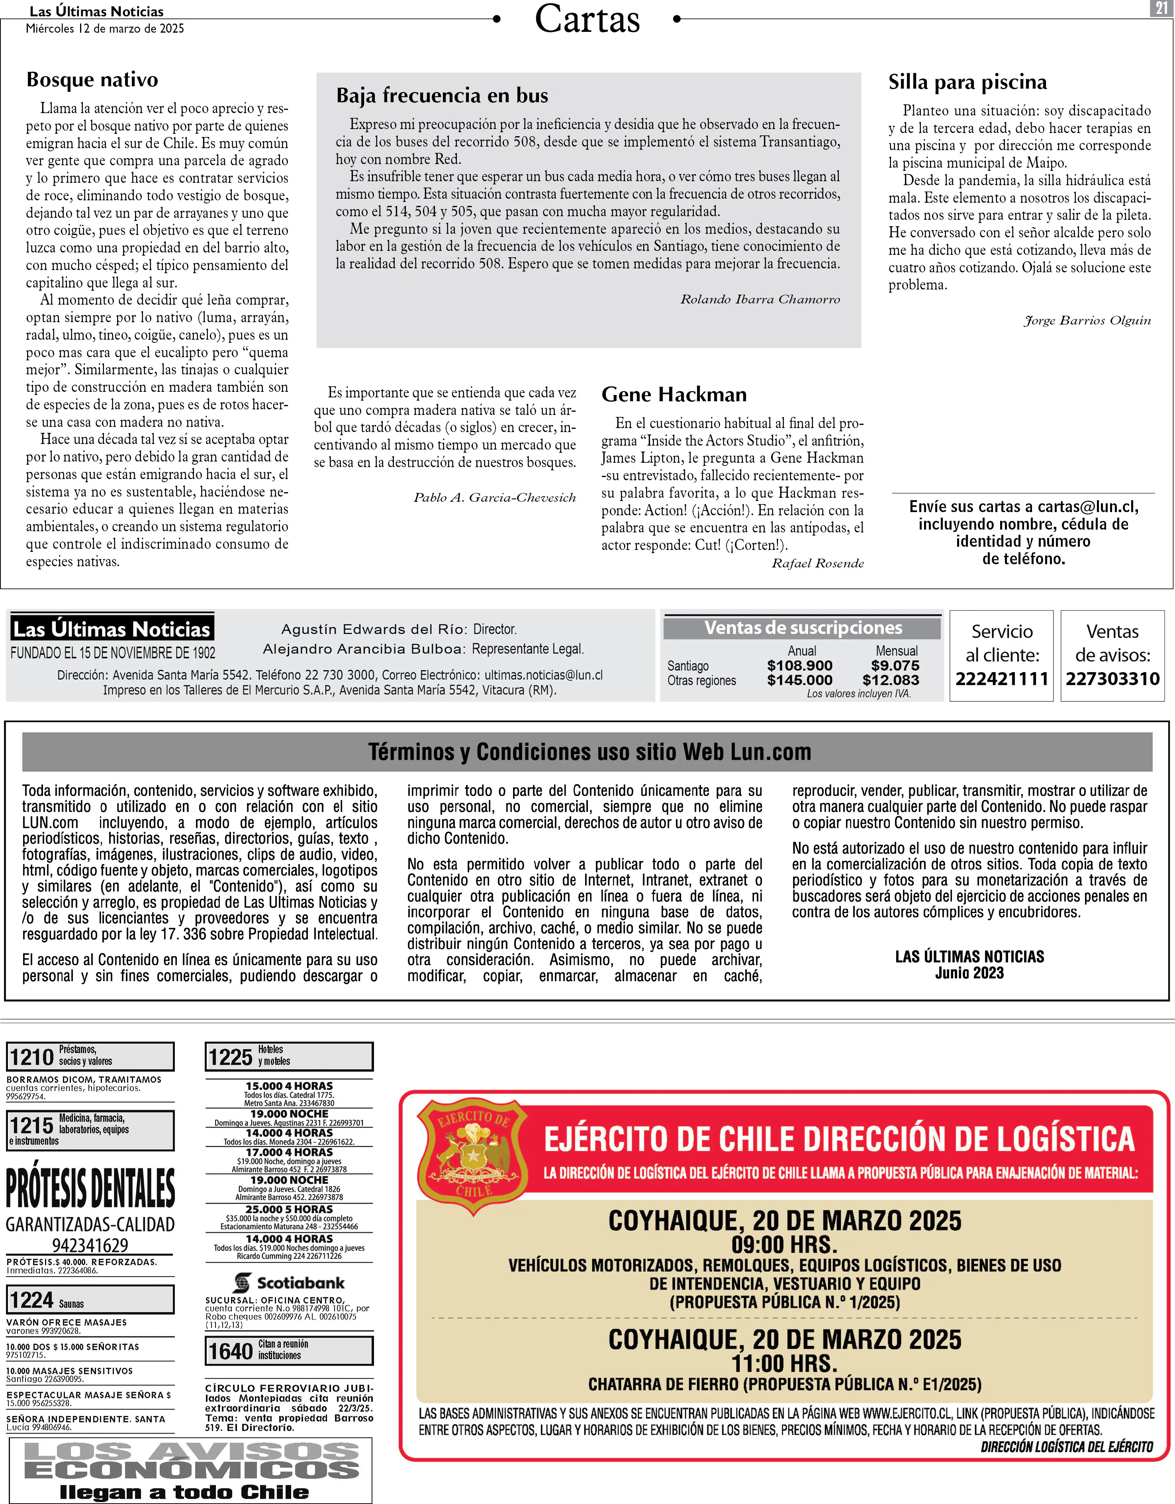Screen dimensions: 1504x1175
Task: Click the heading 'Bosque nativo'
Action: click(92, 80)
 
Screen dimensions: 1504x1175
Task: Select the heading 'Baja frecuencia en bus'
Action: click(442, 95)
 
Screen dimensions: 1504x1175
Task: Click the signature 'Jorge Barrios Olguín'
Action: click(1087, 320)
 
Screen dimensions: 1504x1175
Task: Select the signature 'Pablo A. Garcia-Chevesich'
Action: click(495, 498)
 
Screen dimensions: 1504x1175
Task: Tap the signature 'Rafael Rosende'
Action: click(818, 563)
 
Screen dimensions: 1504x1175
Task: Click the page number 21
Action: click(1161, 8)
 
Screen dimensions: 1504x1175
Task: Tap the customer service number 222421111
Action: click(1001, 679)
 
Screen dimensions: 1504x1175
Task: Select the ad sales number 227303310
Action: click(1112, 679)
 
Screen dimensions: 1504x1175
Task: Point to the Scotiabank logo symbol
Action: click(242, 1283)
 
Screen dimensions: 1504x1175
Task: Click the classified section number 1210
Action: click(32, 1056)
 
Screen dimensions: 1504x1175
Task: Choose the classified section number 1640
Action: click(230, 1351)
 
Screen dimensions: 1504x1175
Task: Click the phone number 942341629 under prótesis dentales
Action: click(90, 1246)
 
